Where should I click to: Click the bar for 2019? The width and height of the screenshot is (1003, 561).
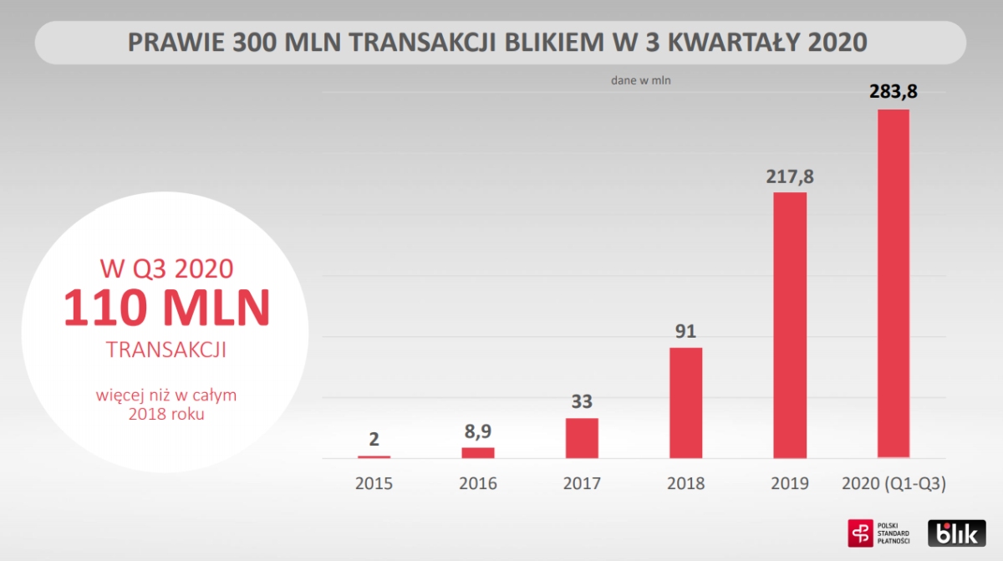(790, 325)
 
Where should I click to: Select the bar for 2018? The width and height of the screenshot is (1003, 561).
(685, 403)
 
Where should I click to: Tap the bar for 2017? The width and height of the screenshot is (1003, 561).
(582, 437)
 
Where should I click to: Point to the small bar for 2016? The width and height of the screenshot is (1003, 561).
(478, 452)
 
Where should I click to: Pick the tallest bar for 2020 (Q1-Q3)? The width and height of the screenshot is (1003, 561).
(893, 283)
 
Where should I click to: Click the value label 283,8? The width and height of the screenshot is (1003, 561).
(893, 91)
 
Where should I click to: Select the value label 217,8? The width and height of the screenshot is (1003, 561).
(790, 176)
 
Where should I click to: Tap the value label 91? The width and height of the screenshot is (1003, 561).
(685, 330)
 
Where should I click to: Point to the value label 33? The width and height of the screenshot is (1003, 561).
(582, 401)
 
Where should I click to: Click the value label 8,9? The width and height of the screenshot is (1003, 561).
(478, 431)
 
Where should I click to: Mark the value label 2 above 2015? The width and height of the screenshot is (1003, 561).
(374, 439)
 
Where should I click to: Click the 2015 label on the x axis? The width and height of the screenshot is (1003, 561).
(374, 483)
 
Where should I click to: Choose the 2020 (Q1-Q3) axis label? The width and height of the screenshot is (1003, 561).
(893, 483)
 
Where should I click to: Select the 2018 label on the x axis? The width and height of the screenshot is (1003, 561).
(685, 483)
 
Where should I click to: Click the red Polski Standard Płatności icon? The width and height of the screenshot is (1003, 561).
(860, 533)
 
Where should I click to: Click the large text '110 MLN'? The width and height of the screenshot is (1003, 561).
(167, 308)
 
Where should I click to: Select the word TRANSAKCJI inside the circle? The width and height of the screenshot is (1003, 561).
(167, 350)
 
